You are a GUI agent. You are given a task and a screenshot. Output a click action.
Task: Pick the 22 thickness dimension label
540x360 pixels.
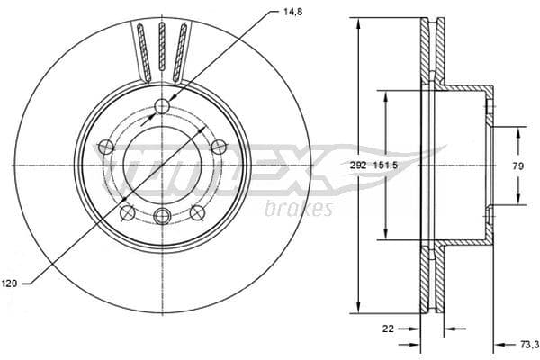pos(388,328)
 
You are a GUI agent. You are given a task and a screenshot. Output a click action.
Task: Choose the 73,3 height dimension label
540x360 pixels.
pos(526,344)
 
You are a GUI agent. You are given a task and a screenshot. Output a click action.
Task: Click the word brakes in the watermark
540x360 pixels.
pos(299,209)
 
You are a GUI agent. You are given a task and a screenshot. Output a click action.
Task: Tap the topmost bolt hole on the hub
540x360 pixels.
pos(162,107)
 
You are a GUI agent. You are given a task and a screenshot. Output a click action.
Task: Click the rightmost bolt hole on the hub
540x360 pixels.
pos(218,147)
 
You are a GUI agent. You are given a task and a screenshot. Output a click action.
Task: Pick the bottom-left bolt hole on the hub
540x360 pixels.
pos(127,212)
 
